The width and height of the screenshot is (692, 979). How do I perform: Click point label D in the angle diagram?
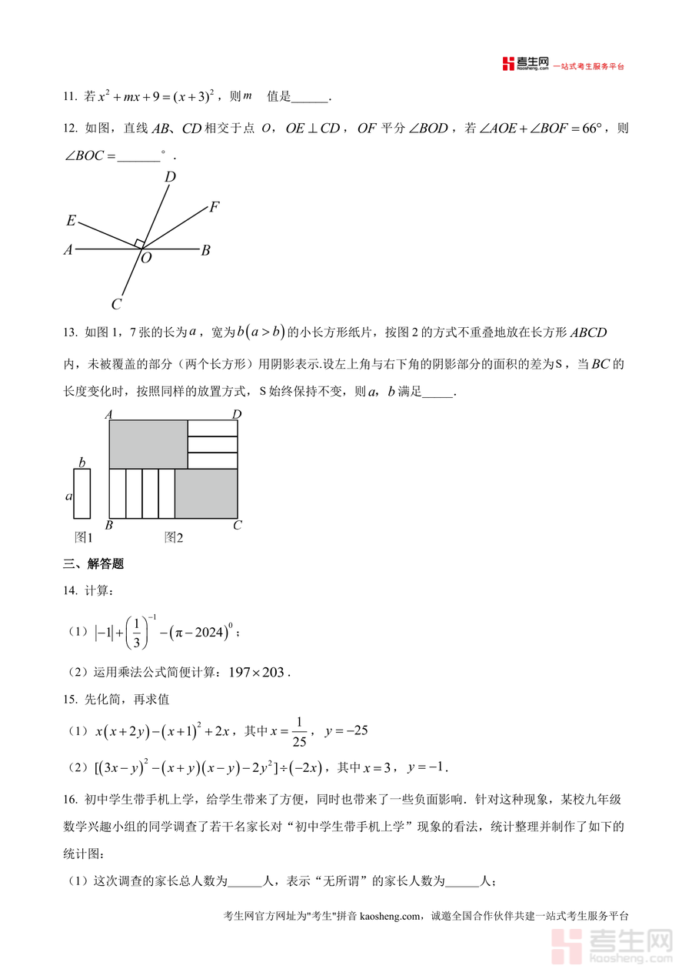[170, 177]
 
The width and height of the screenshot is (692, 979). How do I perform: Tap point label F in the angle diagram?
[215, 206]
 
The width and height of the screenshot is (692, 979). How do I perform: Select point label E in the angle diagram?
[71, 221]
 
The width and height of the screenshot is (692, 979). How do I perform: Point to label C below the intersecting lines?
[116, 305]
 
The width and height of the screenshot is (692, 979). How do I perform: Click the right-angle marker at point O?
[139, 243]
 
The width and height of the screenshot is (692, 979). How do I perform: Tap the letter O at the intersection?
[146, 259]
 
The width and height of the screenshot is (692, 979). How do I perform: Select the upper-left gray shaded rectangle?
[148, 444]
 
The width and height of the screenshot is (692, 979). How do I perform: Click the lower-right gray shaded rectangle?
[206, 493]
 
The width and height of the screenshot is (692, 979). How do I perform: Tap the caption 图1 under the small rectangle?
[83, 537]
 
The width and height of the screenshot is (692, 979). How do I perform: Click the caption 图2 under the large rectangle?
[174, 537]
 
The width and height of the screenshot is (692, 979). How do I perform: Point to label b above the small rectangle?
[82, 462]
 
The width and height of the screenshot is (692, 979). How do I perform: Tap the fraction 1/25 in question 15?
[299, 731]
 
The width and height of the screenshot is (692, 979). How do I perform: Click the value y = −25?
[347, 730]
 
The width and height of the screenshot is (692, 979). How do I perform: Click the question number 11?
[70, 97]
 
